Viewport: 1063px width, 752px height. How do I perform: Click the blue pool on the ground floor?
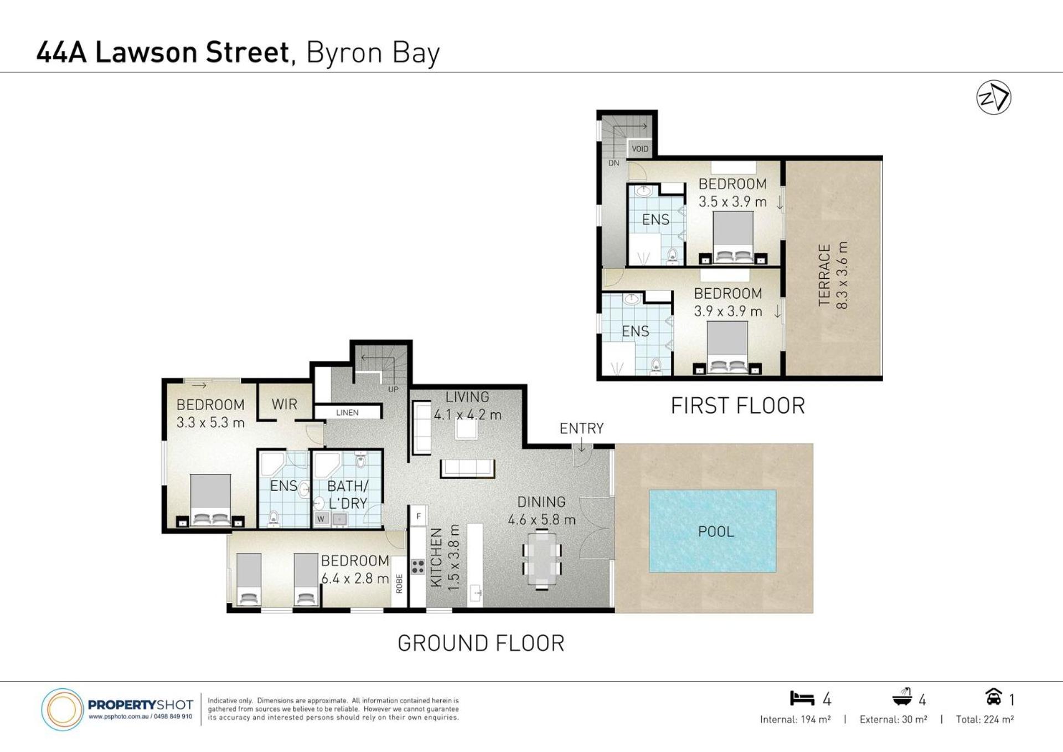pos(713,531)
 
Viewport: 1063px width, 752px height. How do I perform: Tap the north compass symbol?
pos(994,98)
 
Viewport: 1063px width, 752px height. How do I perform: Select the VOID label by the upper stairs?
pos(640,149)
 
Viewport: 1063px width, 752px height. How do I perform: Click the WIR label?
pos(285,405)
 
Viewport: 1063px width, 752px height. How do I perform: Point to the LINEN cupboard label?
pos(347,413)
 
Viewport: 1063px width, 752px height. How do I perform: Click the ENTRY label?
pos(581,428)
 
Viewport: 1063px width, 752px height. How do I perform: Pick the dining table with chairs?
pos(541,559)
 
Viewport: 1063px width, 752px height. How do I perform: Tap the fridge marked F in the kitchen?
pos(419,516)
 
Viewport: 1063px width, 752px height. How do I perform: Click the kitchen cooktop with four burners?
pos(418,567)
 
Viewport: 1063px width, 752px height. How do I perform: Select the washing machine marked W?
pos(321,519)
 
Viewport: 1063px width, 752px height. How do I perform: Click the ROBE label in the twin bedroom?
pos(399,584)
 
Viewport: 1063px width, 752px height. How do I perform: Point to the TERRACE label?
pos(824,275)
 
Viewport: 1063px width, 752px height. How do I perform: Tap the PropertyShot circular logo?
pos(62,709)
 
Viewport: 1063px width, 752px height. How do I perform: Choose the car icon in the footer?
pos(993,696)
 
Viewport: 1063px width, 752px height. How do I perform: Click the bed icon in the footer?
pos(802,698)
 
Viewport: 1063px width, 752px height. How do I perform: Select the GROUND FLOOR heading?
pos(481,643)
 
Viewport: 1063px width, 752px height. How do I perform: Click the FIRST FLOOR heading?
pos(738,406)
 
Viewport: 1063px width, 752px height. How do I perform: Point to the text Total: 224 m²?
pos(985,719)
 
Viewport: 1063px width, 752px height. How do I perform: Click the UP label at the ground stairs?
pos(393,390)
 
